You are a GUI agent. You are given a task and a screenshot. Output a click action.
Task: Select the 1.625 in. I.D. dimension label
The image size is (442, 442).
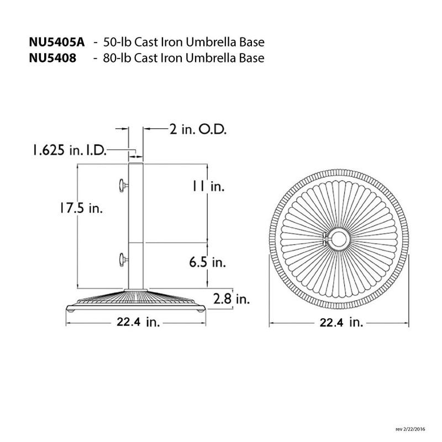click(x=68, y=149)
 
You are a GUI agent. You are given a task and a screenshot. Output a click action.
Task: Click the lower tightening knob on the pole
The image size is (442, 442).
click(x=122, y=258)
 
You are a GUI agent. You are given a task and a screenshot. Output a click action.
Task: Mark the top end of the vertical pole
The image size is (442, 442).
click(x=136, y=164)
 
